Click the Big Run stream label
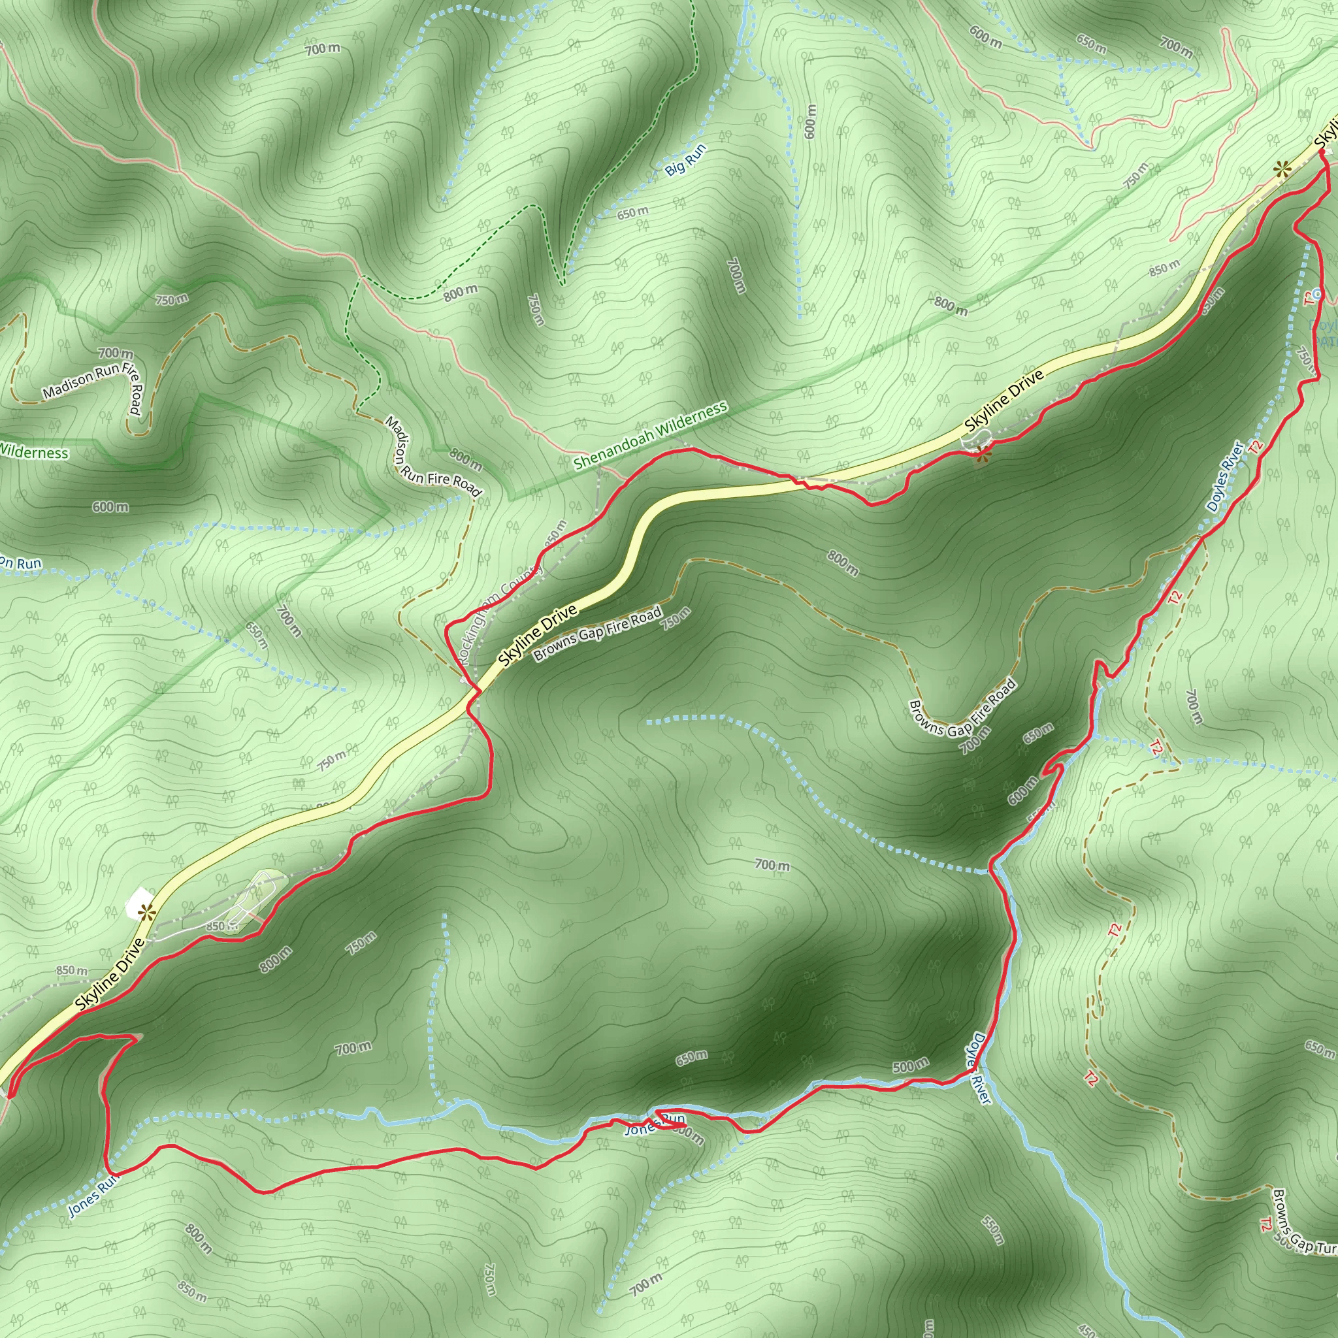pyautogui.click(x=685, y=159)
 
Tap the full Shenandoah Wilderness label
pyautogui.click(x=650, y=436)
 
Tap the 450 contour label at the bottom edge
pyautogui.click(x=1088, y=1331)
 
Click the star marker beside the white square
pyautogui.click(x=146, y=912)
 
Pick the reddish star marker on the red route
pyautogui.click(x=981, y=455)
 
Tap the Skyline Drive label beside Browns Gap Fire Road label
pyautogui.click(x=538, y=636)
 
